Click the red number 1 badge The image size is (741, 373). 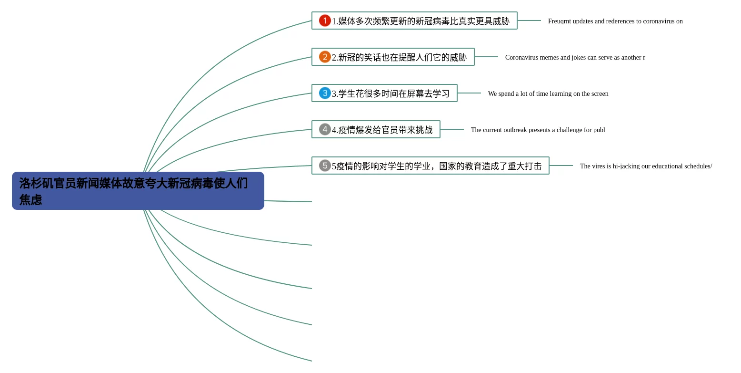click(x=325, y=21)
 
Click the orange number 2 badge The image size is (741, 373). click(x=325, y=57)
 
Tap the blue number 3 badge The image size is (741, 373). click(x=325, y=93)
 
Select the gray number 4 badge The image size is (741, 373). click(x=325, y=129)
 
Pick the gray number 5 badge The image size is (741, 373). click(x=325, y=166)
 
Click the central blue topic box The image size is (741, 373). click(x=138, y=191)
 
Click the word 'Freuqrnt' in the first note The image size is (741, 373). click(x=559, y=21)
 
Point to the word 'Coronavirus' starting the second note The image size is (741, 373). click(x=521, y=58)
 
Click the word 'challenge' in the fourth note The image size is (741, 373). click(x=567, y=130)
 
